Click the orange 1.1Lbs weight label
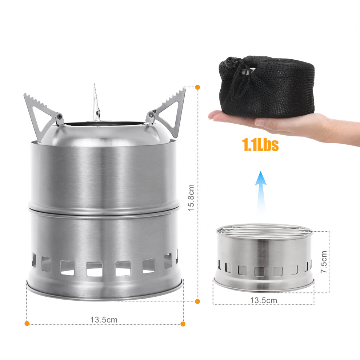pyautogui.click(x=260, y=145)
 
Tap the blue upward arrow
pyautogui.click(x=261, y=193)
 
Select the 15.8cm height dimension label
pyautogui.click(x=191, y=198)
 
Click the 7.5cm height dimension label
pyautogui.click(x=323, y=262)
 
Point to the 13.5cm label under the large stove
pyautogui.click(x=104, y=320)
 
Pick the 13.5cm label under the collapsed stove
pyautogui.click(x=264, y=300)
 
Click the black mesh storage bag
pyautogui.click(x=267, y=87)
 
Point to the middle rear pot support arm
pyautogui.click(x=96, y=103)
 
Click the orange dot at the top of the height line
pyautogui.click(x=197, y=87)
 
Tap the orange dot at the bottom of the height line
pyautogui.click(x=197, y=301)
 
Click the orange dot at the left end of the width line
pyautogui.click(x=27, y=324)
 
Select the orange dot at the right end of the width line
pyautogui.click(x=183, y=324)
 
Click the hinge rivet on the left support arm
pyautogui.click(x=60, y=117)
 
